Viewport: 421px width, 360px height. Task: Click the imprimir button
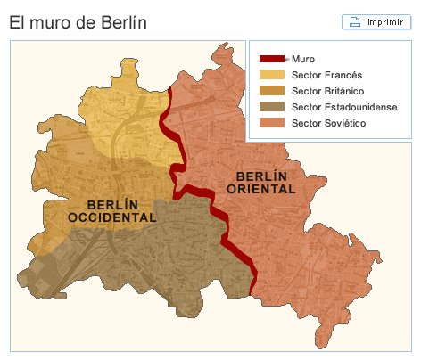(x=376, y=21)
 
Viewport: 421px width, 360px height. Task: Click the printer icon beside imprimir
(x=354, y=21)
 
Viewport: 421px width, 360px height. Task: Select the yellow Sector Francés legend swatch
(x=272, y=75)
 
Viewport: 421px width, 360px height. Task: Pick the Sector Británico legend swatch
(x=272, y=91)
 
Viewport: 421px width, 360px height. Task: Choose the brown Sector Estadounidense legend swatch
(x=272, y=107)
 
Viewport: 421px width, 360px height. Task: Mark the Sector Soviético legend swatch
(x=272, y=122)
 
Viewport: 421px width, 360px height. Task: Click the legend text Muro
(x=303, y=59)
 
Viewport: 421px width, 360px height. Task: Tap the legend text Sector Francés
(x=326, y=75)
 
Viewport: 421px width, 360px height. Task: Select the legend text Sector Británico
(x=328, y=91)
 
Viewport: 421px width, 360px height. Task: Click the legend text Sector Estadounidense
(x=343, y=107)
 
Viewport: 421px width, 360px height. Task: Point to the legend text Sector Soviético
(x=329, y=122)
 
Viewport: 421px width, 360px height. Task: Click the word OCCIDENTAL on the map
(x=111, y=217)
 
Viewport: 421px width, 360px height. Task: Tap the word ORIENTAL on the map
(x=261, y=189)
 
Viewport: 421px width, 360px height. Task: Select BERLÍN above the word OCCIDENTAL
(x=111, y=205)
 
